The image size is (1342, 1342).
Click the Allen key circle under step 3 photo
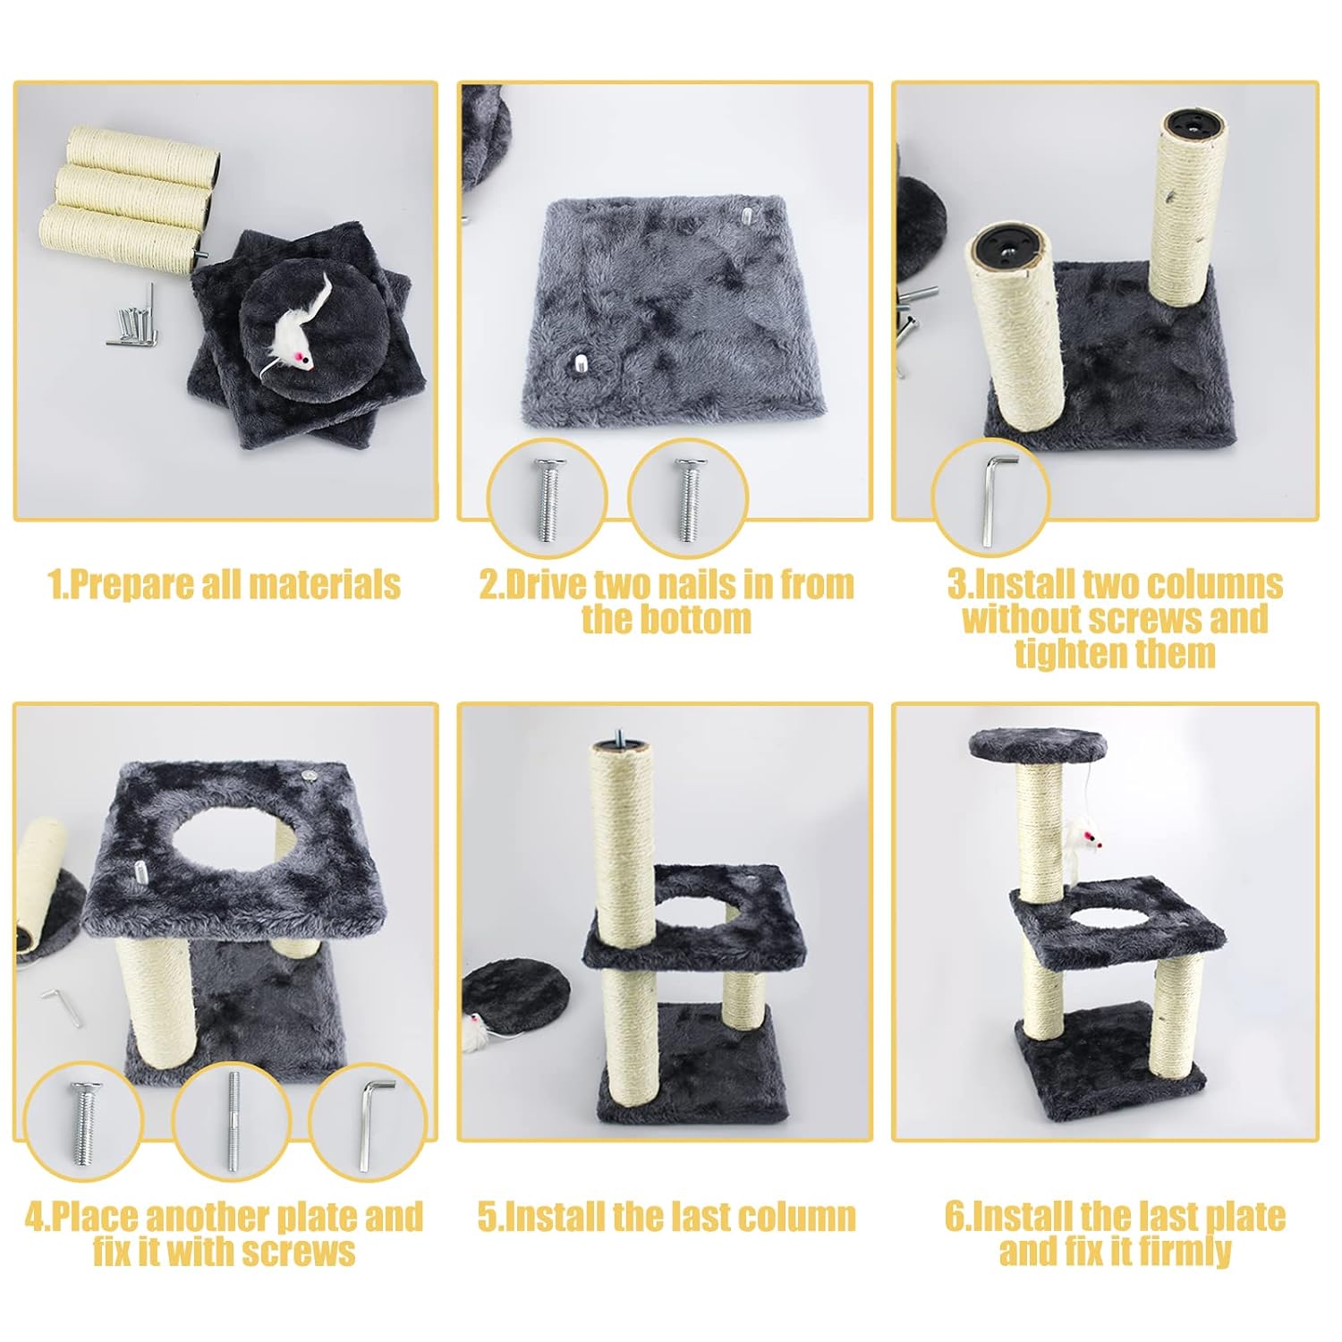(990, 495)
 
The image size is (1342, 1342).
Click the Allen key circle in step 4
(368, 1121)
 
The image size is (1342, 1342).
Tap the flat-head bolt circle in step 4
(84, 1121)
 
